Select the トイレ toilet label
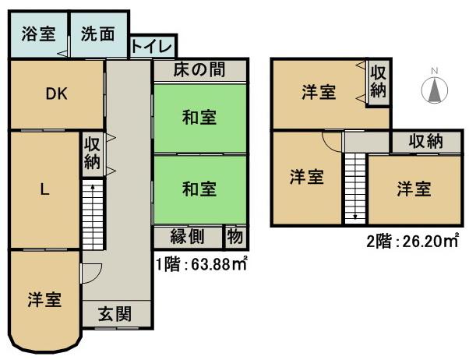[153, 45]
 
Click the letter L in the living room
[44, 189]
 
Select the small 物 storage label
[233, 236]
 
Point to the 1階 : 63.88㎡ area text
[201, 264]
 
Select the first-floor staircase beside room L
[92, 215]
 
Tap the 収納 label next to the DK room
[92, 152]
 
